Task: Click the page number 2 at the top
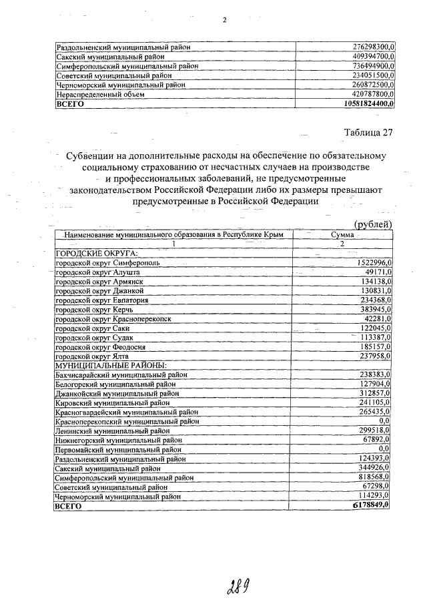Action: coord(225,19)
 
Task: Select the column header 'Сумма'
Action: coord(341,235)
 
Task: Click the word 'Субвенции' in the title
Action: coord(93,156)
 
